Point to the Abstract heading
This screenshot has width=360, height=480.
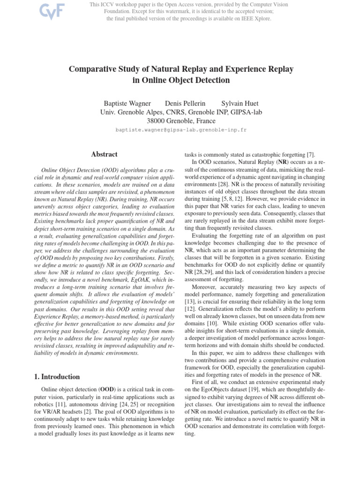pyautogui.click(x=104, y=154)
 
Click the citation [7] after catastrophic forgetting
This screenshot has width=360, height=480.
pyautogui.click(x=311, y=155)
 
